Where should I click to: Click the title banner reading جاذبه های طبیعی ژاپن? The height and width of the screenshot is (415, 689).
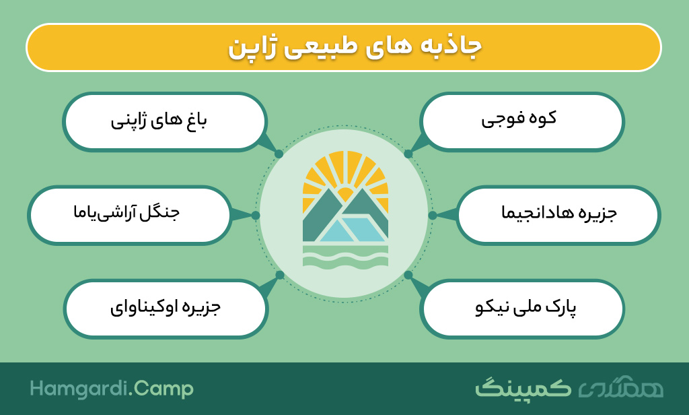(x=344, y=48)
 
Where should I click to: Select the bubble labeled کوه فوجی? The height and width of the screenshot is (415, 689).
(x=522, y=121)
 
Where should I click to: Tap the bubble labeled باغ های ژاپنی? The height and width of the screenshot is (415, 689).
(x=165, y=121)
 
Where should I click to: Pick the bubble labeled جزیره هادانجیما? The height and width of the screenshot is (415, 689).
(x=558, y=215)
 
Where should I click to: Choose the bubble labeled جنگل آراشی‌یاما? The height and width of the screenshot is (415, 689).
(x=130, y=215)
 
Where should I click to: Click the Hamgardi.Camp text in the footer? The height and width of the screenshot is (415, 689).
(x=112, y=389)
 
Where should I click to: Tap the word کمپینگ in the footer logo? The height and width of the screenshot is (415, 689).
(x=523, y=387)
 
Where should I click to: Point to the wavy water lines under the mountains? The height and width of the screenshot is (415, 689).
(x=345, y=256)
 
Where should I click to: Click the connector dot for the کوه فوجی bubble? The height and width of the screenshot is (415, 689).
(x=408, y=154)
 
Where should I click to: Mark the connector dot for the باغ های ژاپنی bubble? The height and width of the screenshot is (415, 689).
(x=279, y=154)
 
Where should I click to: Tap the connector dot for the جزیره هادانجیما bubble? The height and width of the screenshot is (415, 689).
(x=433, y=215)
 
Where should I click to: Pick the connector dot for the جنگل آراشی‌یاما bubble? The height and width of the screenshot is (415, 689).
(x=256, y=215)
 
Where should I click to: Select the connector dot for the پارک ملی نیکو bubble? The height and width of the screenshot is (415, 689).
(x=408, y=275)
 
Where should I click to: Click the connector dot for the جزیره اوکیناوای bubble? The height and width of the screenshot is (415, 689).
(x=280, y=275)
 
